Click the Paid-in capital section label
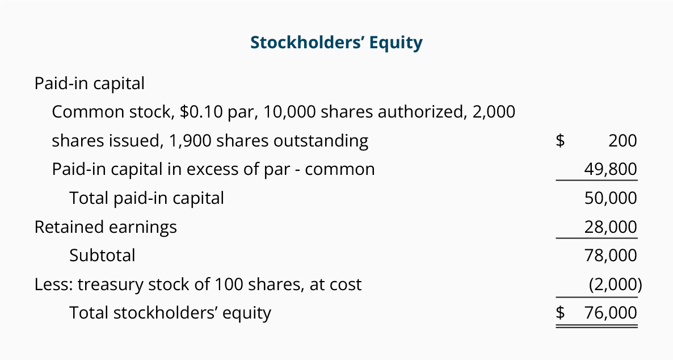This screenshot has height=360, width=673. (x=89, y=83)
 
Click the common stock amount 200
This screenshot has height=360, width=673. (x=622, y=140)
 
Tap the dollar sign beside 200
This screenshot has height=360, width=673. (x=560, y=140)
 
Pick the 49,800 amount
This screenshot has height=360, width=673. (x=611, y=169)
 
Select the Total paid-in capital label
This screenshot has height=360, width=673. (x=146, y=198)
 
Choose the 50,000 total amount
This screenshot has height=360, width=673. (x=611, y=198)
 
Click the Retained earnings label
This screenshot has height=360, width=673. (x=106, y=227)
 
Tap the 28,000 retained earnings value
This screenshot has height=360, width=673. (x=611, y=227)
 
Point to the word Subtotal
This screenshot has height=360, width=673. (x=102, y=255)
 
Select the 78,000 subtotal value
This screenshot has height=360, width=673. (x=611, y=255)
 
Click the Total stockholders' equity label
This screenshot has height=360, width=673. (x=170, y=313)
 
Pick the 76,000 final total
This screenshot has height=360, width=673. (x=611, y=313)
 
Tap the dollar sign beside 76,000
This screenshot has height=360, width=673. (x=560, y=313)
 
